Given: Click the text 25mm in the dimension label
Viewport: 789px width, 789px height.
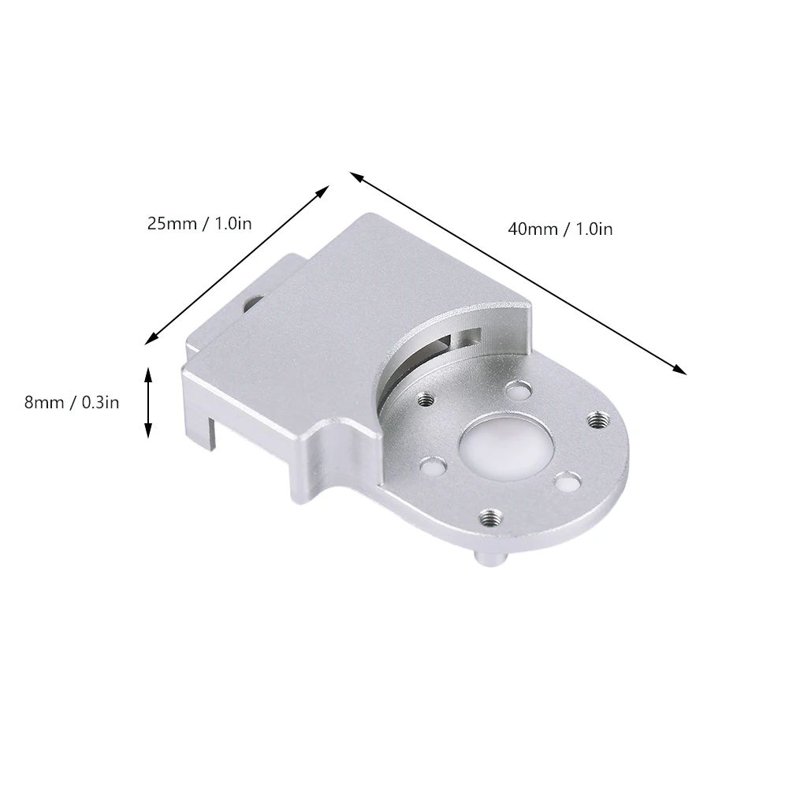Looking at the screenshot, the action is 172,223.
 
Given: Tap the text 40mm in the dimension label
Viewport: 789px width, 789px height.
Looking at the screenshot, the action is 532,229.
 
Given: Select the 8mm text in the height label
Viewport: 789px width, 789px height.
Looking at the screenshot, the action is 44,403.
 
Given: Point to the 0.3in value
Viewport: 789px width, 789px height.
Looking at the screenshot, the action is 100,403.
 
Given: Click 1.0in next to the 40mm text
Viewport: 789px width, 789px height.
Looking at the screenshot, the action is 594,229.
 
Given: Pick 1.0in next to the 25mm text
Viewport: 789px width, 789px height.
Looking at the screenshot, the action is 233,223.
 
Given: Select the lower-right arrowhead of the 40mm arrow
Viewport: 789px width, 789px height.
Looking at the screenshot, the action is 681,370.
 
